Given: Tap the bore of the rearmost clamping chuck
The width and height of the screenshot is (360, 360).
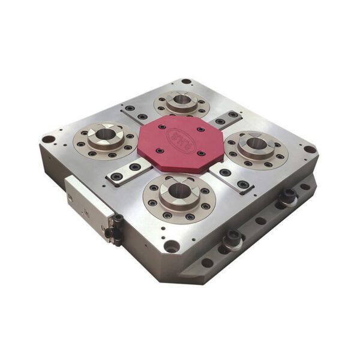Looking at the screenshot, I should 178,99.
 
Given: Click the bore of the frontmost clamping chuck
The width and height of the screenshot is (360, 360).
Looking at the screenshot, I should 178,191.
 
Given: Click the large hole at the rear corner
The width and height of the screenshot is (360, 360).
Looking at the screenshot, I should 186,82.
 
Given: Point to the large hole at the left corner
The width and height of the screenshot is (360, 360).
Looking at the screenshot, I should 47,139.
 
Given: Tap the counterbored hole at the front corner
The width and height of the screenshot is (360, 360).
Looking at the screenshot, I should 172,245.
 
